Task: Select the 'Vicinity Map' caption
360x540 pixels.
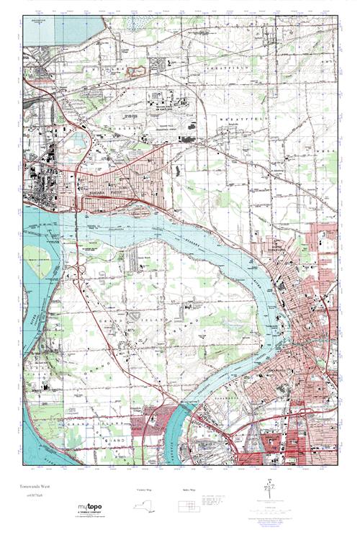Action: click(145, 490)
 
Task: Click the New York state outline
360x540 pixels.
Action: click(146, 505)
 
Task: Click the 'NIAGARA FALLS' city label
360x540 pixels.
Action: click(96, 193)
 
